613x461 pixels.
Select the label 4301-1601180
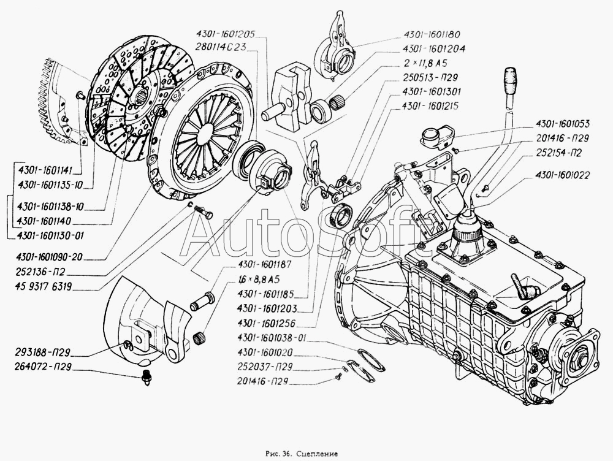coord(432,35)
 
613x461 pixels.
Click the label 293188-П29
coord(42,352)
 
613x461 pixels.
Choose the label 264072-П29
coord(42,368)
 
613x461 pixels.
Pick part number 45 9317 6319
coord(43,287)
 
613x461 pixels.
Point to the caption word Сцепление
coord(317,454)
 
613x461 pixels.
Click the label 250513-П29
coord(430,77)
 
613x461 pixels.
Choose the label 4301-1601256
coord(266,324)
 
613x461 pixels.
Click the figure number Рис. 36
coord(278,454)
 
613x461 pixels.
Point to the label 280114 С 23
coord(222,47)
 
